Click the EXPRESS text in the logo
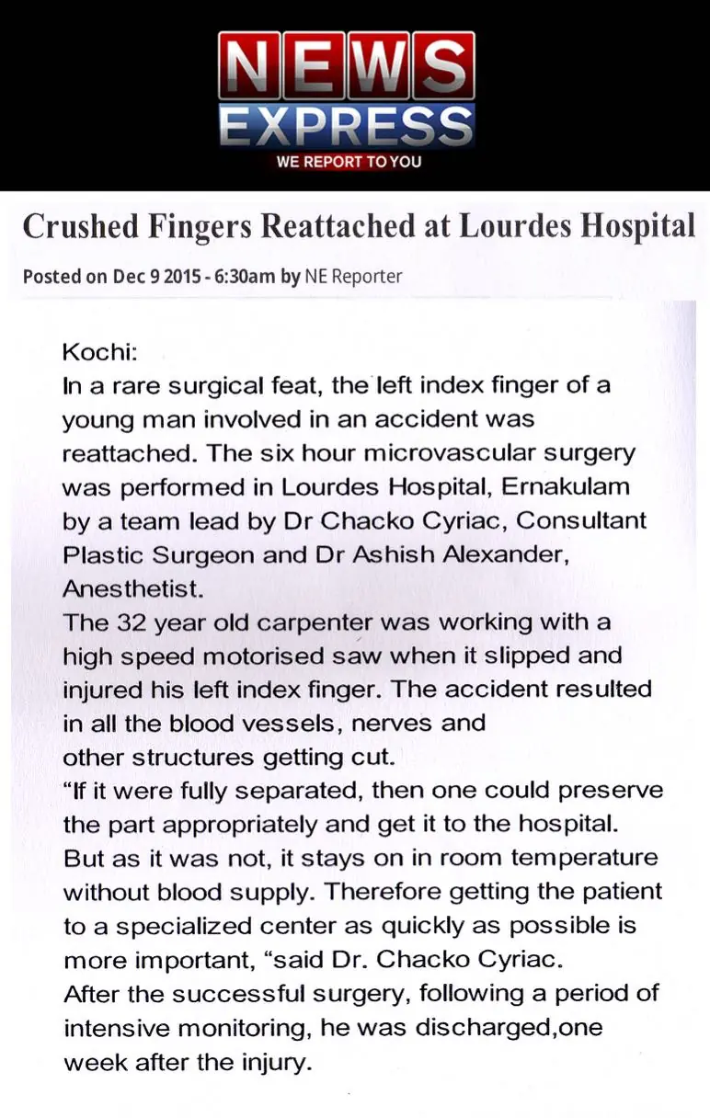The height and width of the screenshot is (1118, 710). pos(346,126)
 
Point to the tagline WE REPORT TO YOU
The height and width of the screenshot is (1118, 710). pos(349,163)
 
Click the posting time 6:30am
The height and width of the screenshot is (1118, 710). pos(245,276)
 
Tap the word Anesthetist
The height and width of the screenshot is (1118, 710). pos(128,588)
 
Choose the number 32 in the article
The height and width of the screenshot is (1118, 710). pos(137,622)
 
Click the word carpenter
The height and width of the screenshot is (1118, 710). pos(315,622)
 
